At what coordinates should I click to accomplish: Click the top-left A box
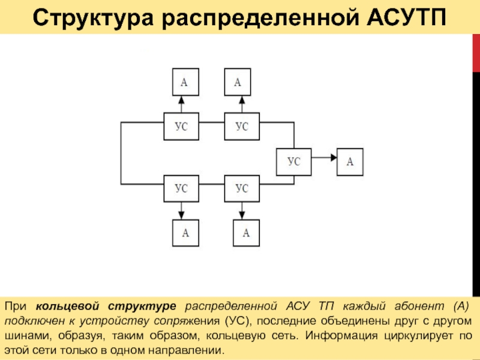pyautogui.click(x=184, y=82)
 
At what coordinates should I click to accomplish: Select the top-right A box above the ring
pyautogui.click(x=238, y=82)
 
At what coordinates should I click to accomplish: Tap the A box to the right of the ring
pyautogui.click(x=350, y=161)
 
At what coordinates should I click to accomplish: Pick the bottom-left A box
pyautogui.click(x=185, y=233)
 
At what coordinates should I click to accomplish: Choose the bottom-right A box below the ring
pyautogui.click(x=246, y=233)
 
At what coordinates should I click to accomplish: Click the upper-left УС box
pyautogui.click(x=181, y=127)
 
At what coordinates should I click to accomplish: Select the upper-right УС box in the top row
pyautogui.click(x=242, y=127)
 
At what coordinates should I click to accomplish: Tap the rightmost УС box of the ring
pyautogui.click(x=293, y=161)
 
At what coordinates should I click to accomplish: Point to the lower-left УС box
pyautogui.click(x=181, y=188)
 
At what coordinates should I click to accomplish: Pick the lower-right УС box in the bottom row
pyautogui.click(x=242, y=188)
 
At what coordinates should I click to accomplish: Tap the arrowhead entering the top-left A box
pyautogui.click(x=182, y=100)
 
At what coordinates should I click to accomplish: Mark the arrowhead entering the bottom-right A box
pyautogui.click(x=242, y=216)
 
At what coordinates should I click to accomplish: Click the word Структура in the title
pyautogui.click(x=88, y=18)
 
